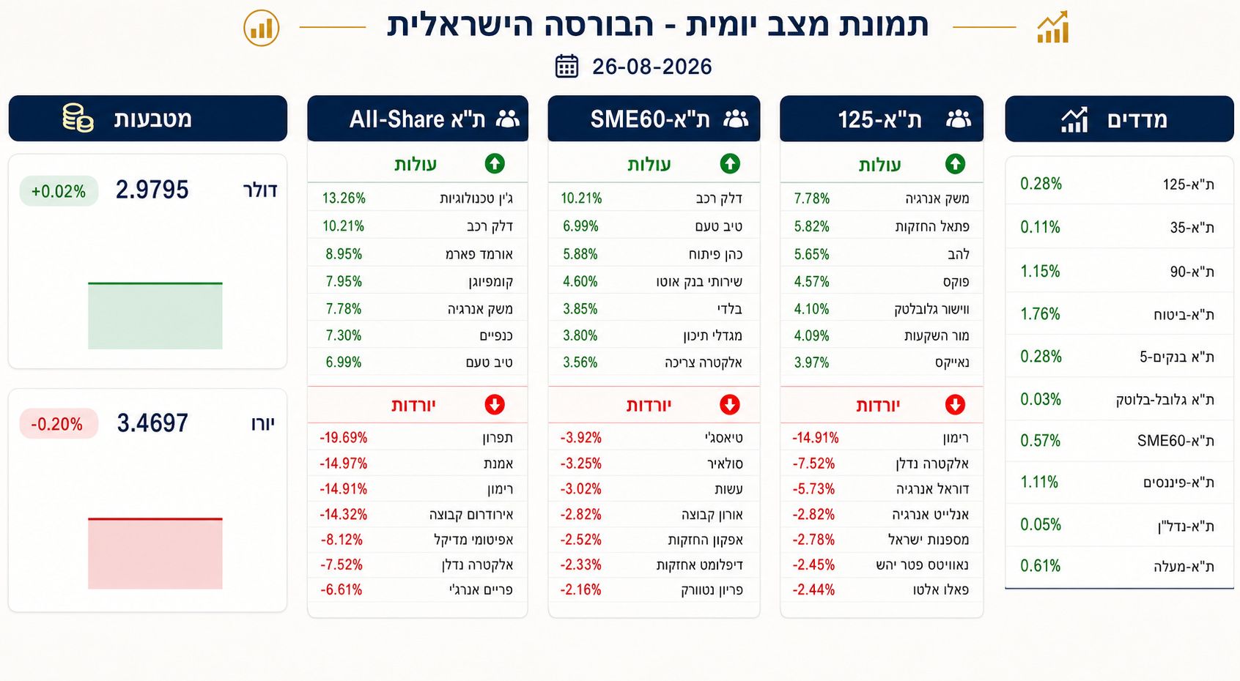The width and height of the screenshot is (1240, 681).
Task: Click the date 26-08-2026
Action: coord(652,67)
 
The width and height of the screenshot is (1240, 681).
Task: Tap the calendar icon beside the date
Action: coord(567,67)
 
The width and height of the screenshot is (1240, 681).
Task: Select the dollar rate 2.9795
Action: coord(152,190)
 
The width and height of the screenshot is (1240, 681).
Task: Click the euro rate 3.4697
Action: coord(152,423)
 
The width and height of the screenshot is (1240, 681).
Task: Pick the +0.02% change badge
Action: coord(59,191)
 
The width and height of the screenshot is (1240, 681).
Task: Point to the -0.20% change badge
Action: coord(58,424)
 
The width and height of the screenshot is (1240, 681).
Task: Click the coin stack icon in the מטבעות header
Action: coord(78,118)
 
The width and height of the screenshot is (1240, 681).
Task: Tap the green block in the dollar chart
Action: coord(155,316)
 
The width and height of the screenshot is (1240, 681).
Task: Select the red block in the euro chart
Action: coord(155,553)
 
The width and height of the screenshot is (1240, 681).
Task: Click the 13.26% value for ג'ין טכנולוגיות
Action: coord(344,198)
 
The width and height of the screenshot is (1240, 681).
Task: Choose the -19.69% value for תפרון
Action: coord(343,438)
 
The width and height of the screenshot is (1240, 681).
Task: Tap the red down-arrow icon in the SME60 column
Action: coord(730,404)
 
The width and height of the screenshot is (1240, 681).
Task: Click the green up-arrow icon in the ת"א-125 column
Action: coord(955,164)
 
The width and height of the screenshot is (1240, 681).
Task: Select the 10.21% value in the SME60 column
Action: coord(581,198)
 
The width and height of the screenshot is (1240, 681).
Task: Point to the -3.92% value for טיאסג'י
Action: coord(580,438)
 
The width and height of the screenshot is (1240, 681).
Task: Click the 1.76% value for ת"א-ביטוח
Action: coord(1040,314)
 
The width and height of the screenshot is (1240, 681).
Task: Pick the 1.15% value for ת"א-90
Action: coord(1040,271)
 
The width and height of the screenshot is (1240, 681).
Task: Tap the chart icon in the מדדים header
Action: coord(1074,119)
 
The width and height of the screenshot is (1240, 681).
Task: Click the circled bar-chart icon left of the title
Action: coord(262,28)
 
